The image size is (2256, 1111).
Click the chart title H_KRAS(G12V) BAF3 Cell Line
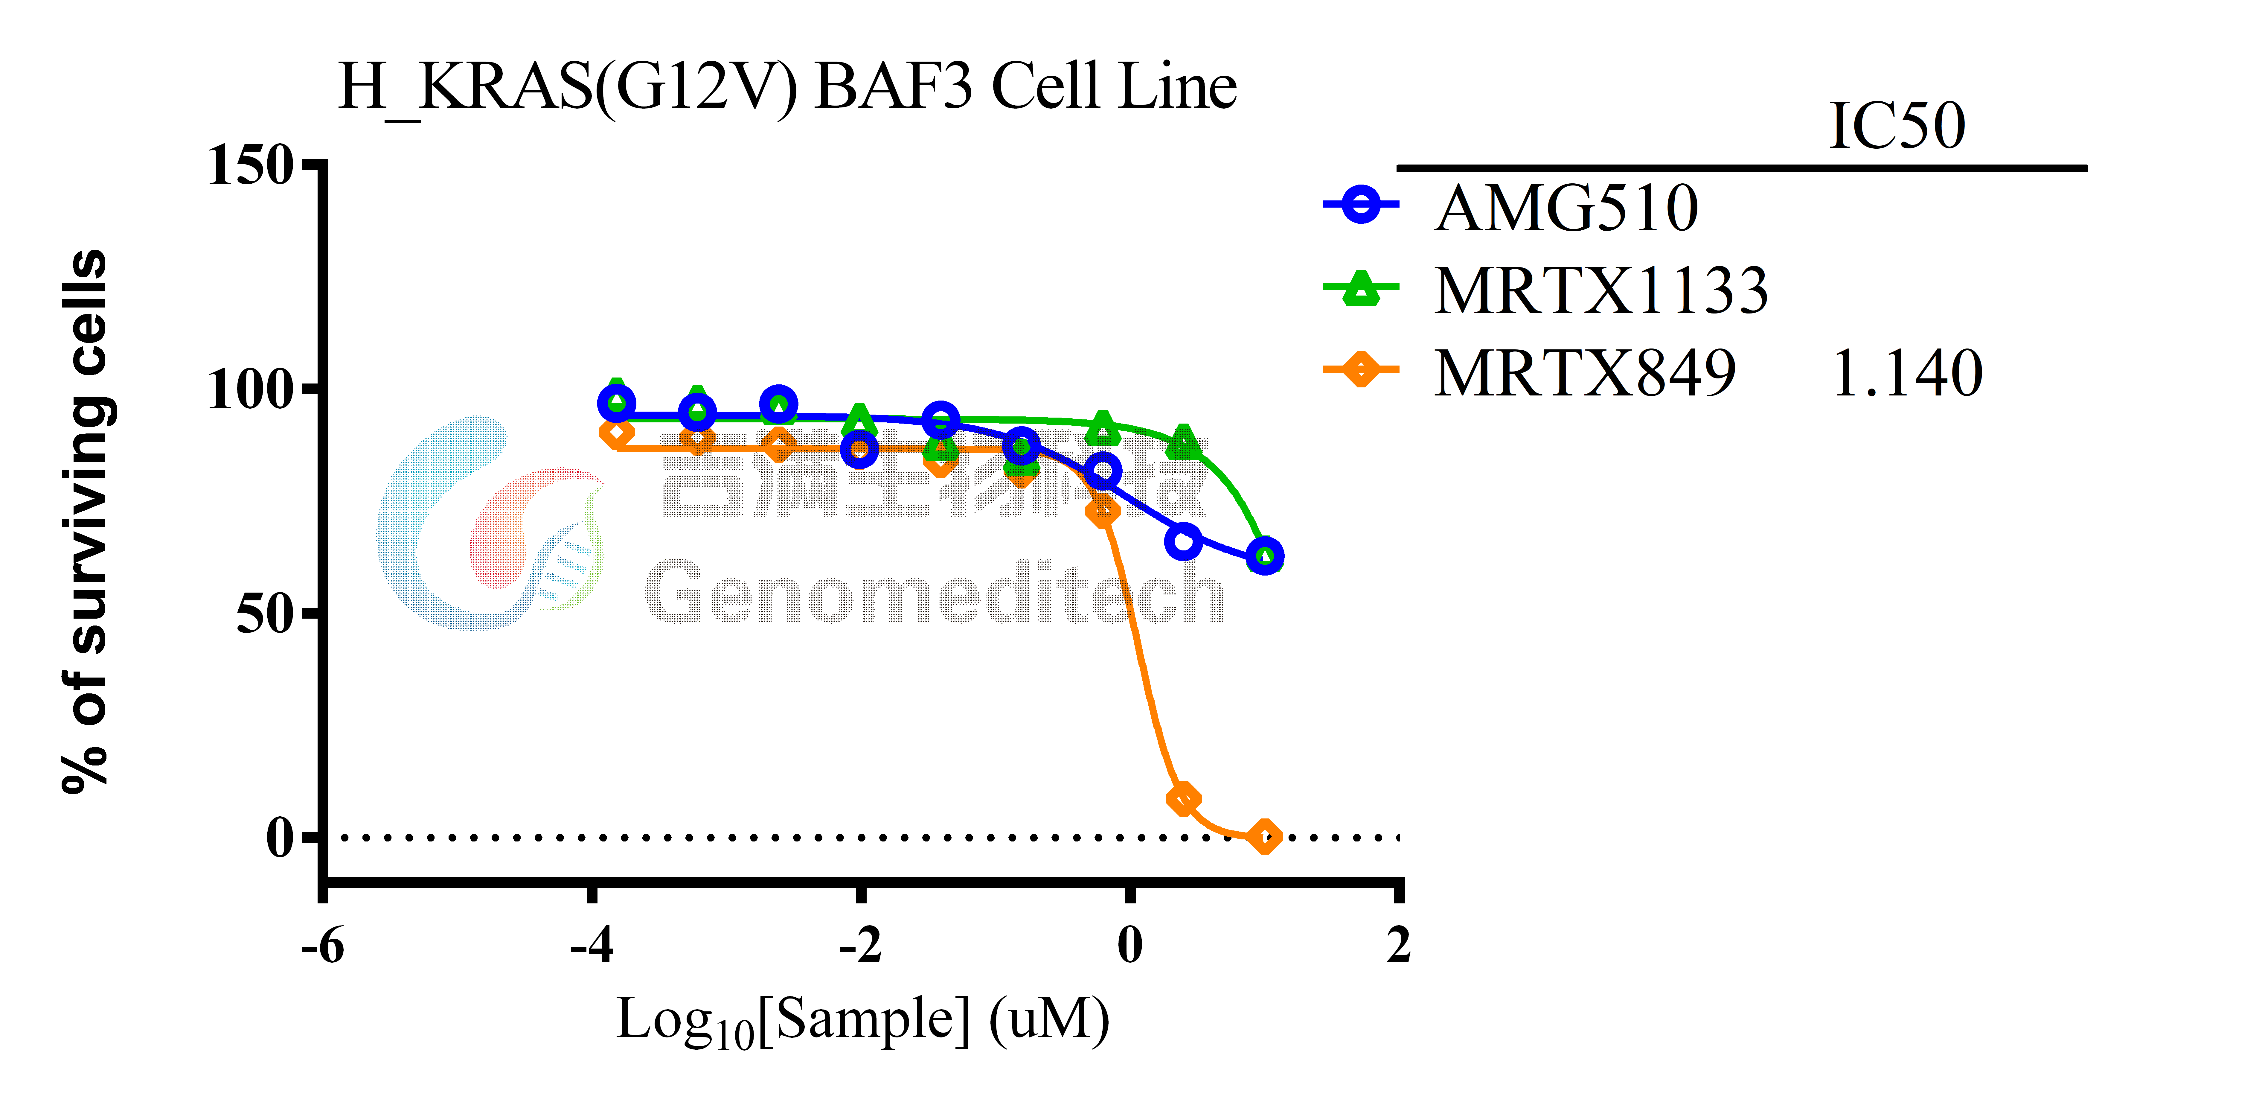pyautogui.click(x=786, y=88)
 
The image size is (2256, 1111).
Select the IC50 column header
pyautogui.click(x=1897, y=127)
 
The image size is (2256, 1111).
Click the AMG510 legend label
pyautogui.click(x=1566, y=208)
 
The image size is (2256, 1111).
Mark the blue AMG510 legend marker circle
pyautogui.click(x=1361, y=205)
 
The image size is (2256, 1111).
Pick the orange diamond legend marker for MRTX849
pyautogui.click(x=1361, y=369)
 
